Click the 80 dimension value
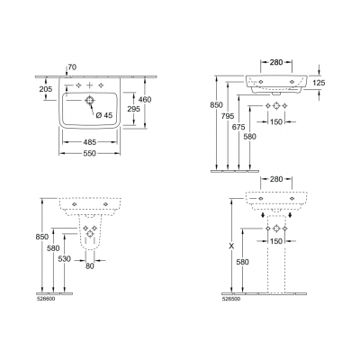[90, 265]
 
